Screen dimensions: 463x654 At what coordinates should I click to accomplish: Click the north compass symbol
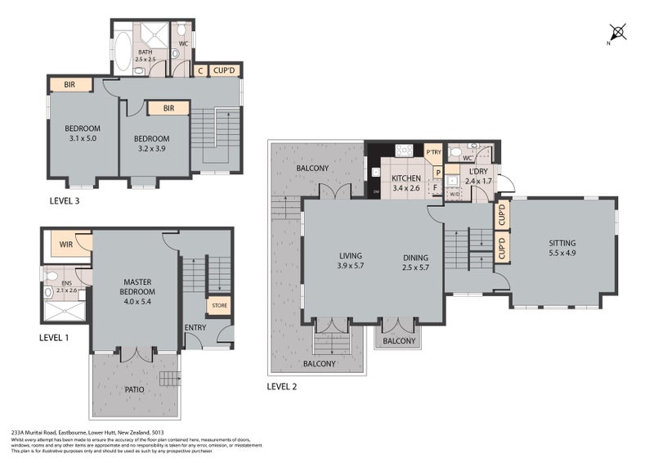click(619, 34)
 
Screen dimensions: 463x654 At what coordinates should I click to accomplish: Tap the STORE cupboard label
click(218, 307)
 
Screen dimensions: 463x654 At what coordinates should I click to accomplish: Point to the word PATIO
click(135, 389)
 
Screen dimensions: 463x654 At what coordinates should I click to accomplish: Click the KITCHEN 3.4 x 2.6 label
click(405, 183)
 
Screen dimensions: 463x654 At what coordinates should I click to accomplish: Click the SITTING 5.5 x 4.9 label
click(562, 248)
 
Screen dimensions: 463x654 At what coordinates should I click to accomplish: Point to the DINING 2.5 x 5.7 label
click(416, 262)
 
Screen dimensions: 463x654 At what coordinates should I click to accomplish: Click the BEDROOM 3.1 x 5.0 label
click(83, 133)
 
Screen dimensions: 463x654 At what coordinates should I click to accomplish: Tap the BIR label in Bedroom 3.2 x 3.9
click(168, 108)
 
